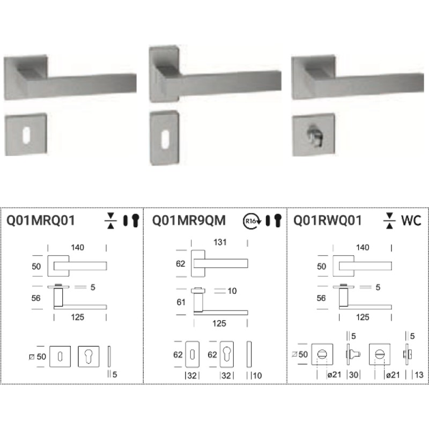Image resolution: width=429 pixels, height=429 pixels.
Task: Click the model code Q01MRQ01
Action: click(x=40, y=220)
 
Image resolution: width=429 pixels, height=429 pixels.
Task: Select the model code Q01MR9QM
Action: click(x=189, y=220)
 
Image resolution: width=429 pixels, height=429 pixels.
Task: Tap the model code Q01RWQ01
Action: click(x=328, y=220)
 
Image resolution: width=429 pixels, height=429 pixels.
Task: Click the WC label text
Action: click(x=410, y=220)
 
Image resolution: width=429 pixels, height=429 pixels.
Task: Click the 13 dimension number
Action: click(x=419, y=374)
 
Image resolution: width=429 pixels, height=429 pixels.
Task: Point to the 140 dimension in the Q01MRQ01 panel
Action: click(x=79, y=247)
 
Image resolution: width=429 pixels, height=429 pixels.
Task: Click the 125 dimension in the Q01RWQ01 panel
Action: click(x=363, y=317)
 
